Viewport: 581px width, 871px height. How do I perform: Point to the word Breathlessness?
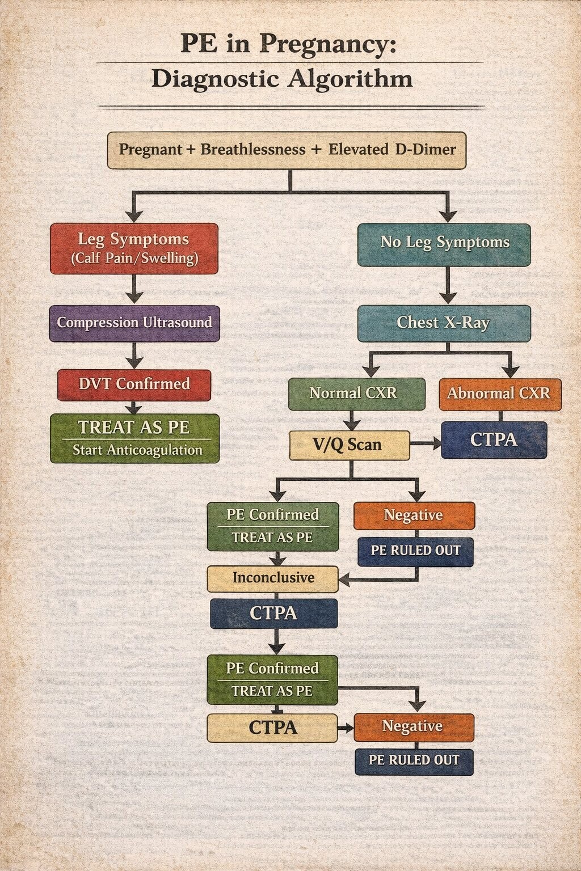click(253, 150)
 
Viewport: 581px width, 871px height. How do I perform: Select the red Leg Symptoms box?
click(134, 248)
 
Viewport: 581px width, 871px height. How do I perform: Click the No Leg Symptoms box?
click(444, 244)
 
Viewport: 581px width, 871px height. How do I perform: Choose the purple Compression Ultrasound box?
click(134, 323)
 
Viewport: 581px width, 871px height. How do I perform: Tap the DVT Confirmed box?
click(134, 385)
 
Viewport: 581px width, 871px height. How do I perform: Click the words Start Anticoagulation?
click(137, 450)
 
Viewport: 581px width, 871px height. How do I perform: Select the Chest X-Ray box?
click(444, 323)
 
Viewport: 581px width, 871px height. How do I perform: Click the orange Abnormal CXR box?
click(500, 394)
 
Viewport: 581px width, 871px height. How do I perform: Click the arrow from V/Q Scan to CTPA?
click(426, 445)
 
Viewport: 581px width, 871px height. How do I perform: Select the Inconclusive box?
click(272, 578)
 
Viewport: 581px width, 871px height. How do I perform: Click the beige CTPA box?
click(272, 728)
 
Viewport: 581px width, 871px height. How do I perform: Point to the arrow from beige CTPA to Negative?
click(346, 728)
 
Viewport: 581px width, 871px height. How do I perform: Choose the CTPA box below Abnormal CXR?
click(494, 440)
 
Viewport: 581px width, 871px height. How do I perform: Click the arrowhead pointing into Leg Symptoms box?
click(134, 216)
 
